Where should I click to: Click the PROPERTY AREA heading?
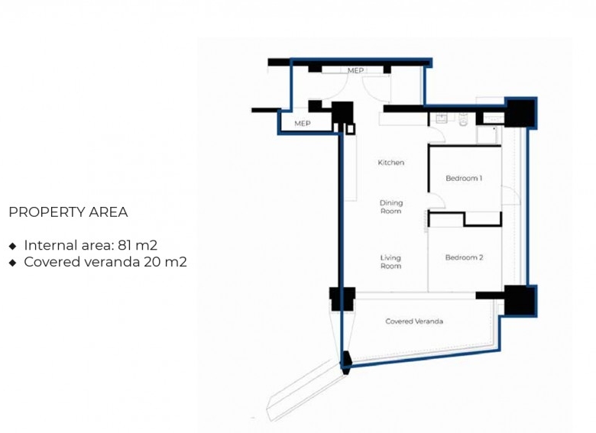[68, 212]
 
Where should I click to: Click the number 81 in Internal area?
[125, 245]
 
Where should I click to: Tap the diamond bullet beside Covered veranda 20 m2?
[12, 263]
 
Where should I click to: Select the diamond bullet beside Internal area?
[12, 246]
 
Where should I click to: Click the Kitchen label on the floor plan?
[390, 163]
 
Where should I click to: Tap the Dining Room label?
[390, 207]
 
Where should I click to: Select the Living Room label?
[390, 262]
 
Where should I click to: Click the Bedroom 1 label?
[464, 178]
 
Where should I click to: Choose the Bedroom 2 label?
[464, 257]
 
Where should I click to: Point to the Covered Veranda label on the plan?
[414, 322]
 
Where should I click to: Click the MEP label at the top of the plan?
[355, 71]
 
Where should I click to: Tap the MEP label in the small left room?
[302, 124]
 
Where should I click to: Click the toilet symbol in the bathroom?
[463, 119]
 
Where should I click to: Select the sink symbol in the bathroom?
[442, 118]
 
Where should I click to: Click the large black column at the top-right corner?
[520, 113]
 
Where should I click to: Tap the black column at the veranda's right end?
[520, 300]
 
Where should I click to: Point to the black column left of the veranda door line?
[342, 299]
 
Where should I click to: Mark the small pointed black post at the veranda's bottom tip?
[346, 362]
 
